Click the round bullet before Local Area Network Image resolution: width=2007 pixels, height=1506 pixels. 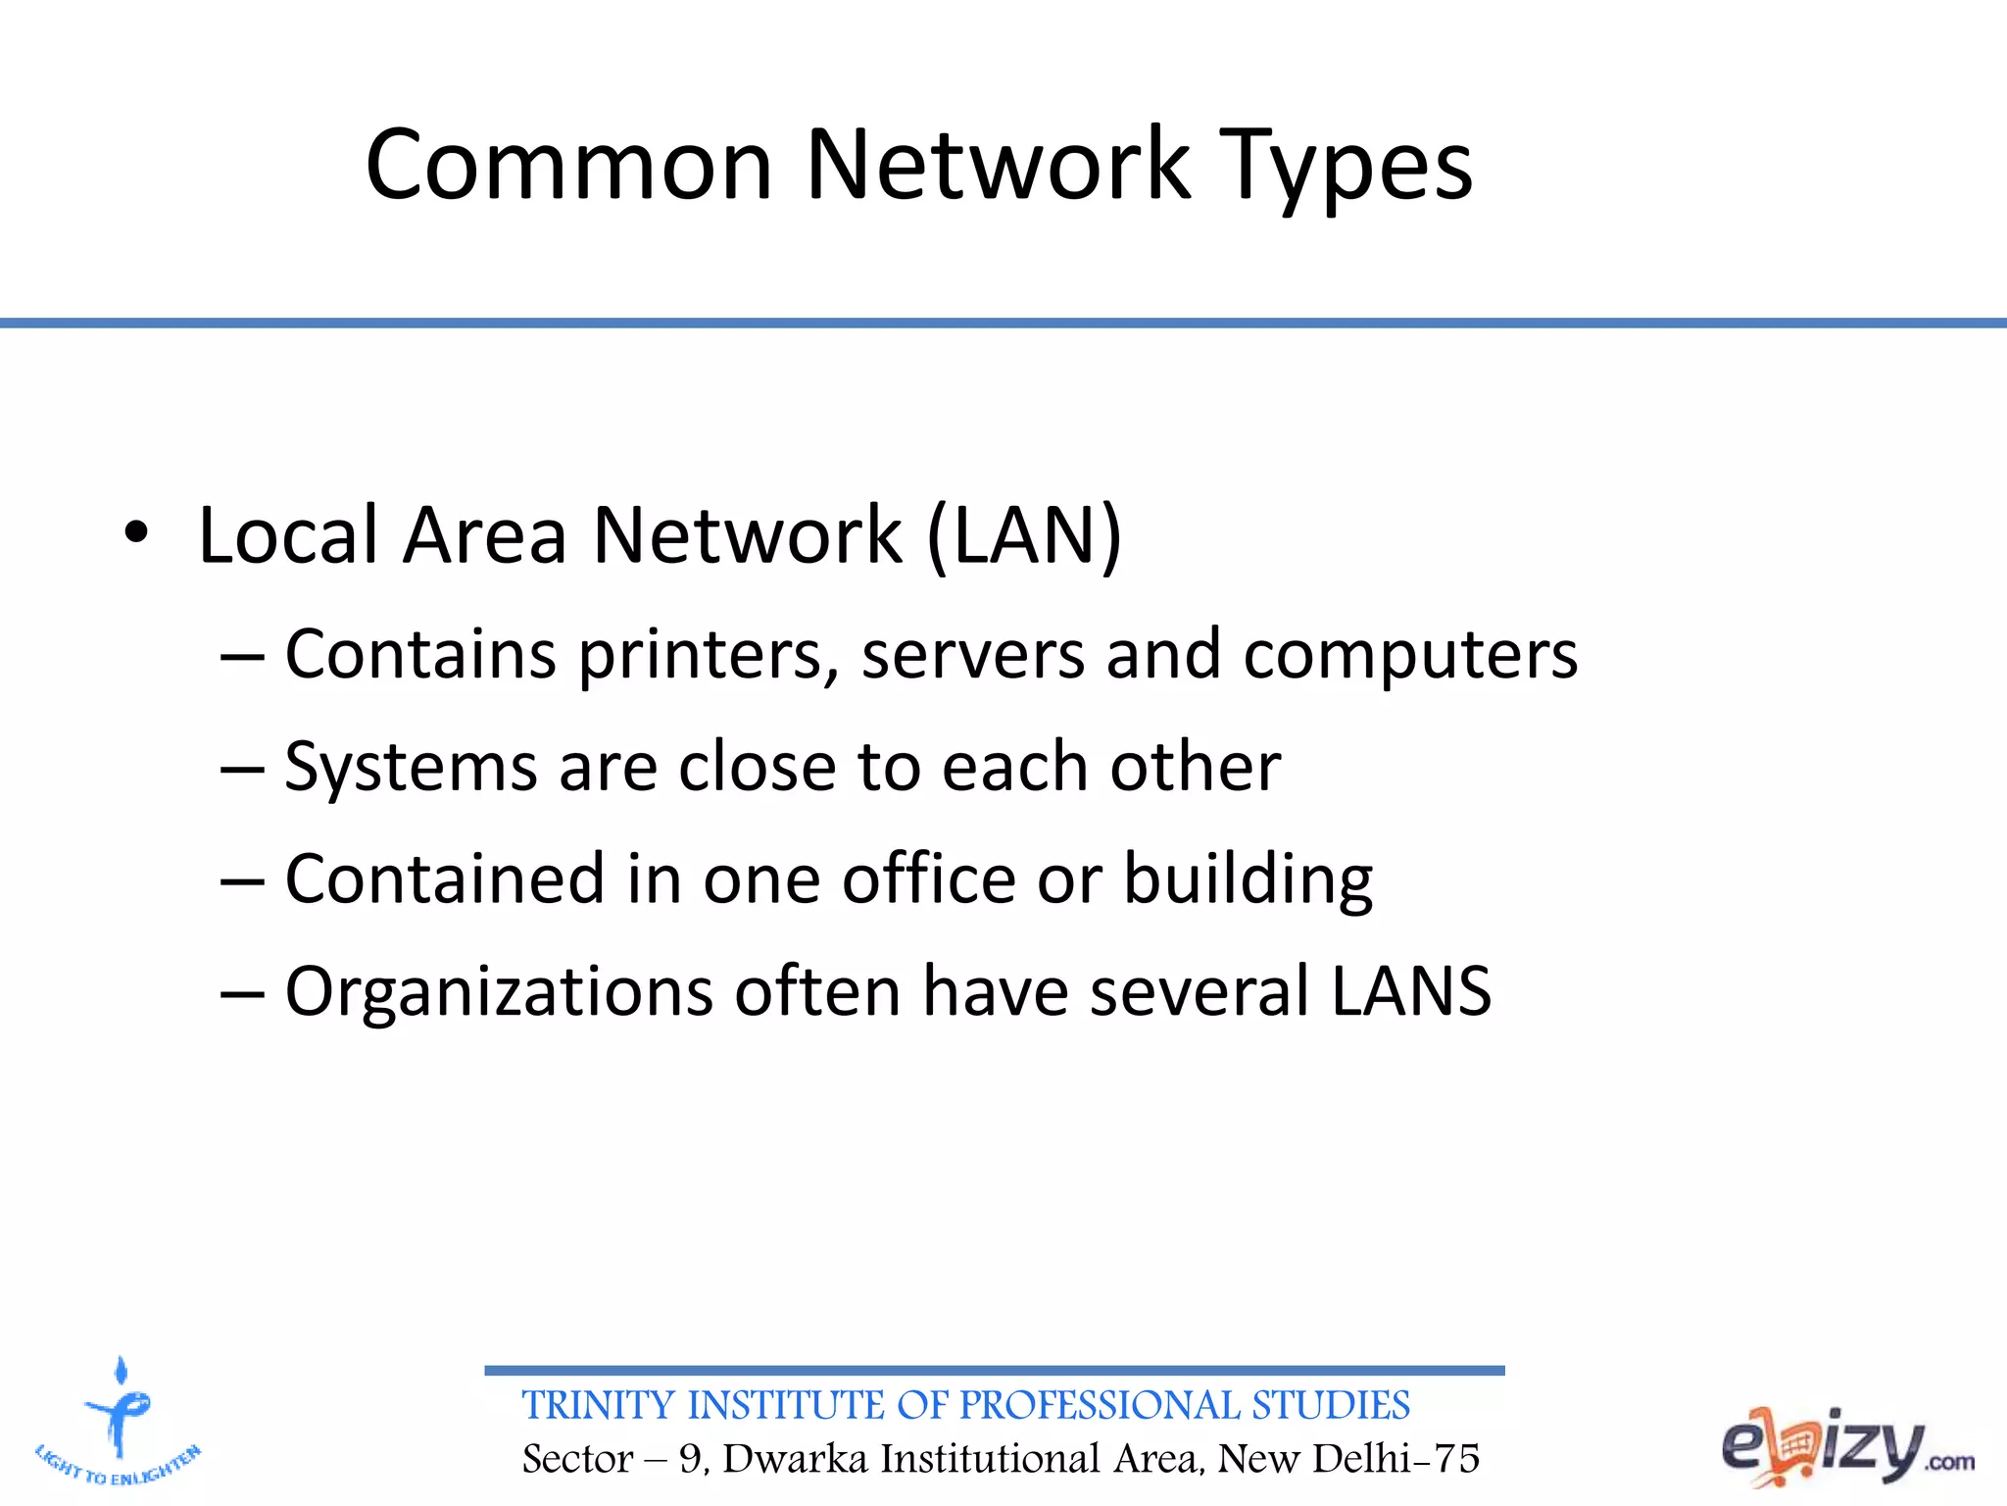tap(136, 533)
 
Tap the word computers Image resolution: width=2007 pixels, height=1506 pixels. tap(1410, 655)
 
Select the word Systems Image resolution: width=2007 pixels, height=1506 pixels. tap(411, 767)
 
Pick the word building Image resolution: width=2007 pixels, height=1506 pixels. tap(1248, 880)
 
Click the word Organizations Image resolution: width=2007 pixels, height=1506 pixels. tap(499, 992)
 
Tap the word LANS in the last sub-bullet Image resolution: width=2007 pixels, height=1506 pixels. tap(1411, 991)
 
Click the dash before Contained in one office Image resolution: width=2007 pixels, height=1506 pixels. tap(242, 880)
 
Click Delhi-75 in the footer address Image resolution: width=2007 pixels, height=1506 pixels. tap(1395, 1459)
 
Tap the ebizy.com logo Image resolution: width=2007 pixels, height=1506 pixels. tap(1847, 1447)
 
